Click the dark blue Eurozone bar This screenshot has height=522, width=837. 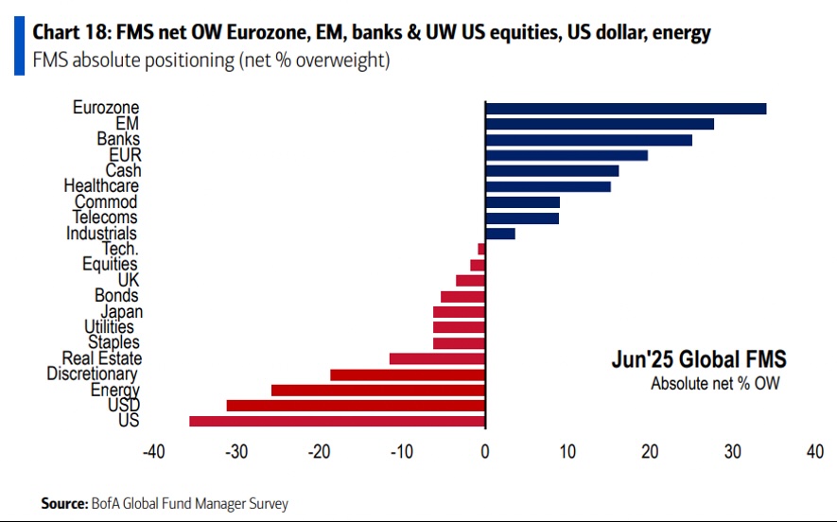point(625,108)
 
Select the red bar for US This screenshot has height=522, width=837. point(337,421)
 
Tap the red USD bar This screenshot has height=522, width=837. point(356,406)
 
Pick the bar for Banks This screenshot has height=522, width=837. point(588,140)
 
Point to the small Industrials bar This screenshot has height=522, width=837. point(499,234)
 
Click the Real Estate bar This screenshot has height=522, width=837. point(437,358)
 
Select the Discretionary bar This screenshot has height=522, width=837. point(408,374)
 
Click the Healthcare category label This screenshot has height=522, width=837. point(101,186)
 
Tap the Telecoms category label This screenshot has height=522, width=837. point(104,217)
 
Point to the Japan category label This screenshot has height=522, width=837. point(121,312)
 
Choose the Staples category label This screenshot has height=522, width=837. point(113,342)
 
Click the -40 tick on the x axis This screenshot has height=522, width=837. point(154,452)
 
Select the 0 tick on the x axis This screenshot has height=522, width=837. point(485,452)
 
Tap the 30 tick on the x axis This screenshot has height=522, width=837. point(732,452)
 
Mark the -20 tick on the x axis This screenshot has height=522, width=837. point(320,452)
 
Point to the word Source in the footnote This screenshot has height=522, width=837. point(64,503)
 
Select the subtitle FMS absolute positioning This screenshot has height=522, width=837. point(123,61)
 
